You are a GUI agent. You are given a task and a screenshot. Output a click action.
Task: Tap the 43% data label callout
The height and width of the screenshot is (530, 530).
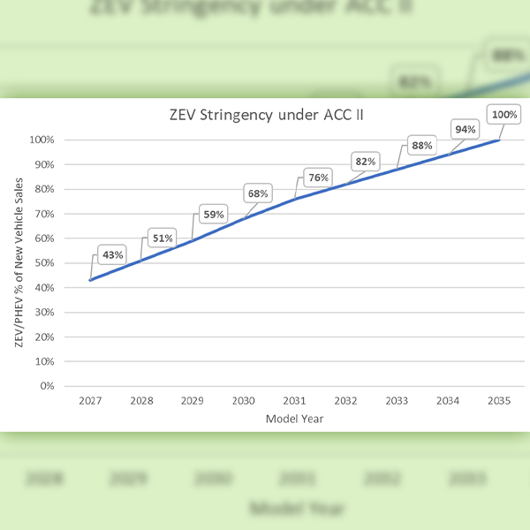pyautogui.click(x=112, y=255)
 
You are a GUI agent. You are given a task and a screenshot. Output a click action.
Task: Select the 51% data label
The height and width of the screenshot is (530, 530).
pyautogui.click(x=163, y=237)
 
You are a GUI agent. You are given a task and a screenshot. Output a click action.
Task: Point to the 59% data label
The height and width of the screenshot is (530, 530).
pyautogui.click(x=214, y=213)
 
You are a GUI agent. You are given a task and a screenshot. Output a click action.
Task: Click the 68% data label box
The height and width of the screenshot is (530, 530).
pyautogui.click(x=259, y=193)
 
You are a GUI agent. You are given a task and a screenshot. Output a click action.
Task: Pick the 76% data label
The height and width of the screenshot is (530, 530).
pyautogui.click(x=317, y=178)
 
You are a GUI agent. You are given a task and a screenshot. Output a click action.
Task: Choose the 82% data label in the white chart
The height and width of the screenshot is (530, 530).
pyautogui.click(x=365, y=162)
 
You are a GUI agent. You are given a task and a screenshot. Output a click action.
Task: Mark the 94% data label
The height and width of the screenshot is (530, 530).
pyautogui.click(x=465, y=130)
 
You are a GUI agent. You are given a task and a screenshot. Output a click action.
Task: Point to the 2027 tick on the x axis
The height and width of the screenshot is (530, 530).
pyautogui.click(x=90, y=400)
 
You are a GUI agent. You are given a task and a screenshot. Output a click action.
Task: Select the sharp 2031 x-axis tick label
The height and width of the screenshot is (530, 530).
pyautogui.click(x=295, y=400)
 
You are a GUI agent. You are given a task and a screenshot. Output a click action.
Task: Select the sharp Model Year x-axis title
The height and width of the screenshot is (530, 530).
pyautogui.click(x=294, y=419)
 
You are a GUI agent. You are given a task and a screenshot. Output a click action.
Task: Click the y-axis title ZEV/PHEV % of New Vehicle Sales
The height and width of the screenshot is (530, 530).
pyautogui.click(x=19, y=261)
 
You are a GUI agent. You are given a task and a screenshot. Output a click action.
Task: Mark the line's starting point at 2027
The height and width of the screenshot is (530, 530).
pyautogui.click(x=90, y=280)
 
